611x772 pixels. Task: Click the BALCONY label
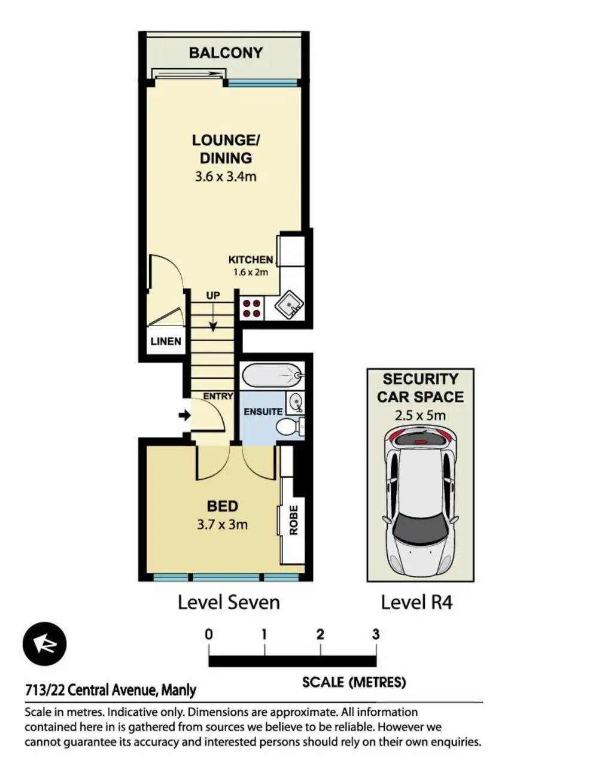(x=226, y=53)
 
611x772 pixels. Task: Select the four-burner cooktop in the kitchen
(x=251, y=309)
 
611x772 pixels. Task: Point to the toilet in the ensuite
(x=290, y=427)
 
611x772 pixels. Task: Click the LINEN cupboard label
(x=166, y=341)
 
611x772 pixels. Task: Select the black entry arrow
(x=184, y=416)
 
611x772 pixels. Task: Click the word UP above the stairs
(x=213, y=296)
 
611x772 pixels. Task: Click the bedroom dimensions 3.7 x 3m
(x=222, y=524)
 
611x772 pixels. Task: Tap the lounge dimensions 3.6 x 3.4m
(x=226, y=177)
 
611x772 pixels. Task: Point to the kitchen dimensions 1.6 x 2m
(x=251, y=272)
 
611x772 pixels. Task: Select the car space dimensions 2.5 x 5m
(x=420, y=415)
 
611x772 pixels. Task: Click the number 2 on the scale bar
(x=320, y=634)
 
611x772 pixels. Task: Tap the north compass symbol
(x=44, y=644)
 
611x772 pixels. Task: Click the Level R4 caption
(x=417, y=602)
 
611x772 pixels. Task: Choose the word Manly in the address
(x=179, y=690)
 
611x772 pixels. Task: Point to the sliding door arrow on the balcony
(x=190, y=74)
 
